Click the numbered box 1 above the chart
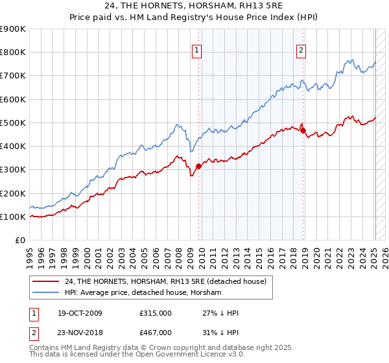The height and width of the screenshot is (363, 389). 196,52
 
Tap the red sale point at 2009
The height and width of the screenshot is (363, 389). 198,167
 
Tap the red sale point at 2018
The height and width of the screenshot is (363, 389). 303,130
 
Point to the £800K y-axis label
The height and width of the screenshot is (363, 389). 13,53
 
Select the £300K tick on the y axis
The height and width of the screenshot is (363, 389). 13,170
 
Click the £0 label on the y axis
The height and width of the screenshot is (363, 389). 19,240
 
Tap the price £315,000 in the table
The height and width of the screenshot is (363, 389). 155,313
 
